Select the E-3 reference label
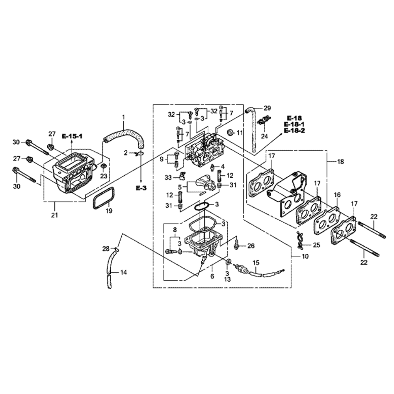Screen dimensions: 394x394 [x=141, y=188]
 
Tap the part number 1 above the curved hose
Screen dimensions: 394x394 [x=123, y=117]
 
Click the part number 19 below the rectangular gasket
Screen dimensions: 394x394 [x=109, y=210]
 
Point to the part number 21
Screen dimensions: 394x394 [x=54, y=215]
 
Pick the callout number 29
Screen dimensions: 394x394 [x=268, y=108]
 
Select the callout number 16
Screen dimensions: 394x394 [x=337, y=195]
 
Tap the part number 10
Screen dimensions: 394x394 [x=305, y=256]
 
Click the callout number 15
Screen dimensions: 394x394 [x=256, y=263]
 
